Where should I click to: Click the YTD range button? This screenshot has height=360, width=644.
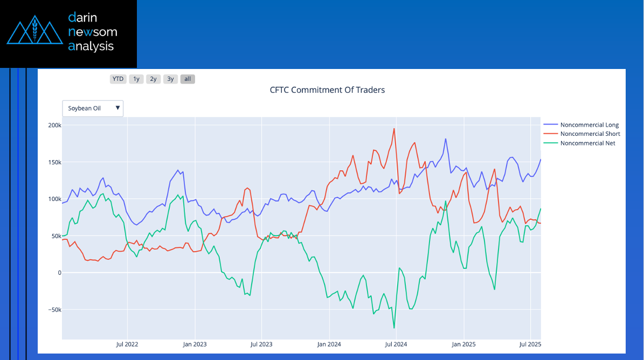(118, 79)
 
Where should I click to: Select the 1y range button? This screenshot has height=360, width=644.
(136, 79)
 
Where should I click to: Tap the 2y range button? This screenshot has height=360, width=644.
(154, 79)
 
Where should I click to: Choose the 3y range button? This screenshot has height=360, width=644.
(170, 79)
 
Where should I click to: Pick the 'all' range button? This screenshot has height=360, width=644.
(188, 79)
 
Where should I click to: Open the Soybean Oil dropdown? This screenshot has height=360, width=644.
(93, 108)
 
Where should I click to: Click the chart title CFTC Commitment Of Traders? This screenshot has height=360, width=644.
(327, 90)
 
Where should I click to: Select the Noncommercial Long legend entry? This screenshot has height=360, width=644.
(589, 125)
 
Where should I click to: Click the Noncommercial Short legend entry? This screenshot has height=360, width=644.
(590, 134)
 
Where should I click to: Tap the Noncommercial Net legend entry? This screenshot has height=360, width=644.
(587, 143)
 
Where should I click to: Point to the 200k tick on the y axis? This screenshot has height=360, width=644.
(54, 125)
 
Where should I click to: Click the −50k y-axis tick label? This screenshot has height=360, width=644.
(53, 310)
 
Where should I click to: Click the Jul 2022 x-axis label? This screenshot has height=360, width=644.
(127, 344)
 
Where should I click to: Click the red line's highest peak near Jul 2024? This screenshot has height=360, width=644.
(394, 129)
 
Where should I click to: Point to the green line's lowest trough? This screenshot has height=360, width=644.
(394, 328)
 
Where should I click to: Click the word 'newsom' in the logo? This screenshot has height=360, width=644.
(93, 32)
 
